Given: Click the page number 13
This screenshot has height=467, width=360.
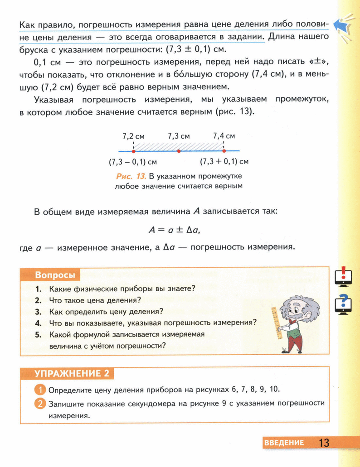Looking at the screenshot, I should pos(324,442).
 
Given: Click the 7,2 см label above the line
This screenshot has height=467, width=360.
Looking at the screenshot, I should pos(133,136).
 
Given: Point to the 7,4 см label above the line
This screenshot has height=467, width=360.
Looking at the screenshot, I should pos(224,136).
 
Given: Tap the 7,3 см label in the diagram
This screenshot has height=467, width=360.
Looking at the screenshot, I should pos(179,136).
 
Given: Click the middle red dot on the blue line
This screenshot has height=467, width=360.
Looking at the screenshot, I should pos(179,151).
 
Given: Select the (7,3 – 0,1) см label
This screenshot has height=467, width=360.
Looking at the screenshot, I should pos(133,162).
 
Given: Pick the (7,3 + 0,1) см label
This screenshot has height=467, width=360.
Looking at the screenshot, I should pos(224,162).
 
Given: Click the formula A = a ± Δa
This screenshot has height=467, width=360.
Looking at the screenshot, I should pos(175,230).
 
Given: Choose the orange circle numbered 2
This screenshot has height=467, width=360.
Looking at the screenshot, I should pos(40,402).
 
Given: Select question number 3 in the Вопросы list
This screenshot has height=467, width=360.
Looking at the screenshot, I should pos(39,311).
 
